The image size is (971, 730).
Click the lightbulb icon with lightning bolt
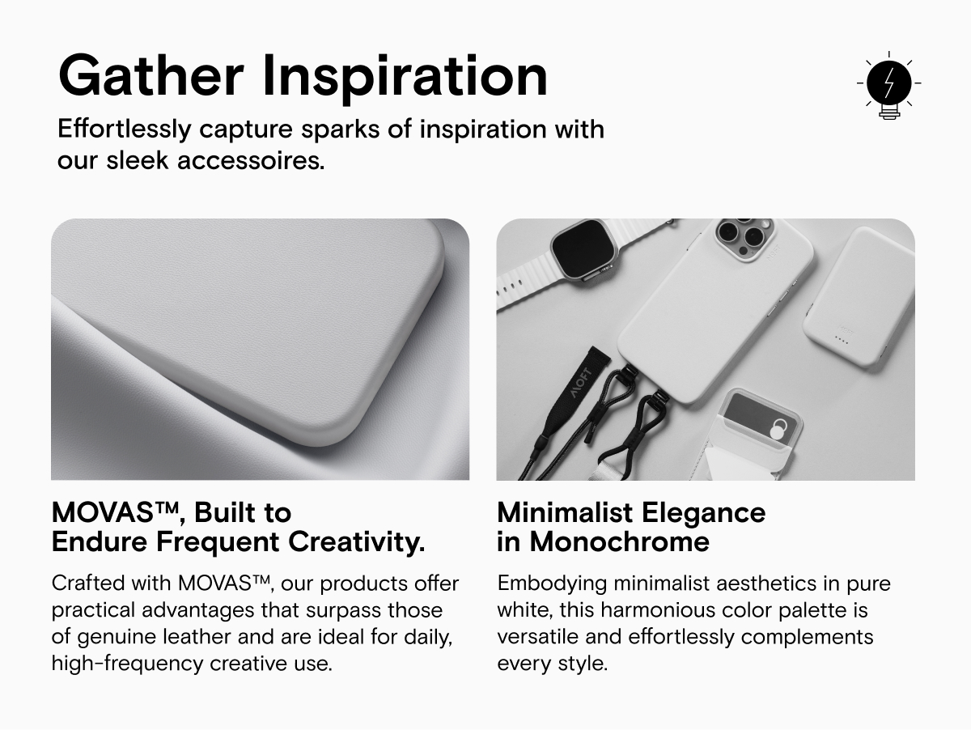tap(888, 84)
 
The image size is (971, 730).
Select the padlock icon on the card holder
tap(776, 429)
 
